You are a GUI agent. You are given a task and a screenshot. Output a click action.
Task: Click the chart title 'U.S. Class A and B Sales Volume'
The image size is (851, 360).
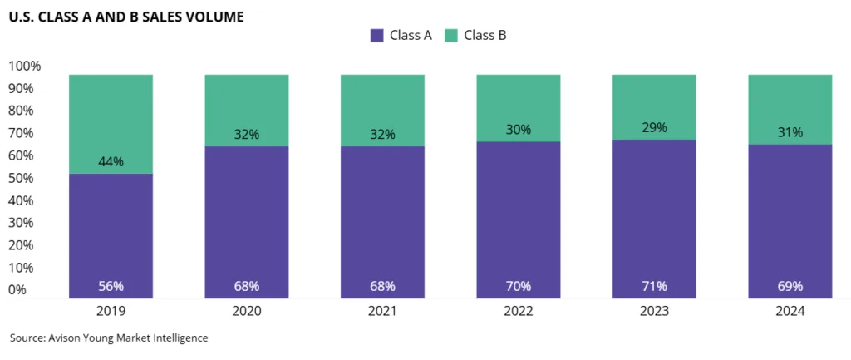click(x=126, y=16)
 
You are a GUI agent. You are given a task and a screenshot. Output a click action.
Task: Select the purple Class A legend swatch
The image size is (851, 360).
click(x=376, y=35)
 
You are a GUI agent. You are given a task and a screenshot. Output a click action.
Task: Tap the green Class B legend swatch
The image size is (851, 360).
click(x=451, y=35)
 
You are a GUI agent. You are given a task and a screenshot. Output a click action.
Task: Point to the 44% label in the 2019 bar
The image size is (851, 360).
click(x=111, y=161)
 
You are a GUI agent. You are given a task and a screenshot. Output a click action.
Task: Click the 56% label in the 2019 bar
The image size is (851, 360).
click(x=111, y=286)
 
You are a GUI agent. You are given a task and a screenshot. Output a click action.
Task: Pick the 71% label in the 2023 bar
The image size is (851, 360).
click(x=654, y=286)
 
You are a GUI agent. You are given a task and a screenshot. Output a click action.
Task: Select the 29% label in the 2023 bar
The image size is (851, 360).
click(x=654, y=127)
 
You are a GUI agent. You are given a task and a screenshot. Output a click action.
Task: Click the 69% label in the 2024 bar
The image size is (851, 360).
click(x=790, y=286)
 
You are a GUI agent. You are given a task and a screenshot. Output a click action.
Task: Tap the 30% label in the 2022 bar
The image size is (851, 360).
click(x=518, y=130)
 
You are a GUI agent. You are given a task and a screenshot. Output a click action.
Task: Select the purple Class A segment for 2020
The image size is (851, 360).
click(x=247, y=216)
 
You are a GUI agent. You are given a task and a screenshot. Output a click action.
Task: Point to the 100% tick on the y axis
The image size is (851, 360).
click(x=24, y=66)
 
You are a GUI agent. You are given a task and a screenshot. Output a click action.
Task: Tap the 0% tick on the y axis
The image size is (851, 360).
click(x=17, y=290)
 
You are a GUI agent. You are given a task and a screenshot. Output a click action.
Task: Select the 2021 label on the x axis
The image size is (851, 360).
click(x=382, y=311)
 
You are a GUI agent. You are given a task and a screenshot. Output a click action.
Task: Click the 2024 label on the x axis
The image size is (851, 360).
click(x=790, y=311)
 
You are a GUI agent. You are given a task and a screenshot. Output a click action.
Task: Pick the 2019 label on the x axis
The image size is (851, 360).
click(x=111, y=311)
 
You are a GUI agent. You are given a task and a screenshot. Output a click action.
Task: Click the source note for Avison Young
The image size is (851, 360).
click(x=109, y=338)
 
